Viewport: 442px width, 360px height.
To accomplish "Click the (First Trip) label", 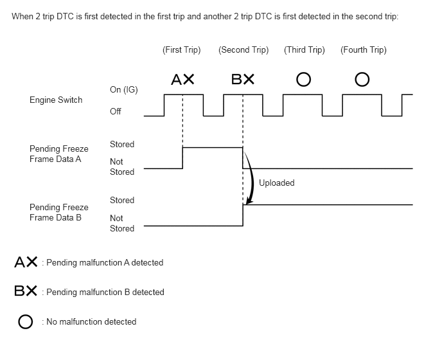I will (x=182, y=50).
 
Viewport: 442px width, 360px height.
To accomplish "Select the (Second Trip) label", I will (x=243, y=50).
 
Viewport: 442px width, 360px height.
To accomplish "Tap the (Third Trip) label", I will (x=305, y=50).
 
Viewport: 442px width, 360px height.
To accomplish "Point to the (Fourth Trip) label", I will (x=364, y=50).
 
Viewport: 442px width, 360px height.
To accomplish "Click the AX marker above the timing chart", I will (x=183, y=80).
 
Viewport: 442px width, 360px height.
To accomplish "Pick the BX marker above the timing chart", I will (x=243, y=80).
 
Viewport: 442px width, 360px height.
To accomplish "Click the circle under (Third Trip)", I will (x=304, y=80).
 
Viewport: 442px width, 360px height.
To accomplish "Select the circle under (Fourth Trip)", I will (x=362, y=80).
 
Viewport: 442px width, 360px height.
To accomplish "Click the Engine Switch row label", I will (x=56, y=100).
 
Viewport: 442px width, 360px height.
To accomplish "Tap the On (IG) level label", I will (x=124, y=89).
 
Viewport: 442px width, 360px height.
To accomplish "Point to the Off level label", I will (x=116, y=111).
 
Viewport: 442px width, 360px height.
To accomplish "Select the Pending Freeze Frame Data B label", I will (x=59, y=212).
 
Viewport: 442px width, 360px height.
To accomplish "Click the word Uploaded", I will (x=276, y=183).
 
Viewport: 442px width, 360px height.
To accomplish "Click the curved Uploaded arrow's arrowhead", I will (x=249, y=202).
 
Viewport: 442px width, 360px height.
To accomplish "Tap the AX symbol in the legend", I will (x=26, y=262).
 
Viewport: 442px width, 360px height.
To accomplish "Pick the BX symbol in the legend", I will (x=26, y=291).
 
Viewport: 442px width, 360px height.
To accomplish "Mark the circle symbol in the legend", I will (x=26, y=321).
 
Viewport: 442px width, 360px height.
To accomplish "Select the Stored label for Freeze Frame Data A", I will (x=122, y=144).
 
